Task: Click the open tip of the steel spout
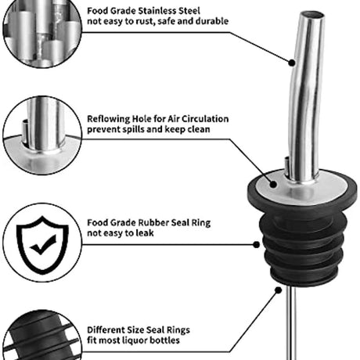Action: (312, 15)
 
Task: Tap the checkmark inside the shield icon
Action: (43, 244)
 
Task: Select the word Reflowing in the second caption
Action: (108, 119)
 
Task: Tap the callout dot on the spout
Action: (292, 63)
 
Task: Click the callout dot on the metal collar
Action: (273, 185)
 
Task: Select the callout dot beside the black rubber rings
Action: (257, 245)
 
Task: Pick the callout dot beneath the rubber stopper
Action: (279, 290)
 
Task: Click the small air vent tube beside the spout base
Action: (286, 166)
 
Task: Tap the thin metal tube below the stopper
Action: (291, 323)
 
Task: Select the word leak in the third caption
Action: (145, 233)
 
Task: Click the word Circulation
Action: (205, 119)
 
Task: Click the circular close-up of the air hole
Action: (42, 135)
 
